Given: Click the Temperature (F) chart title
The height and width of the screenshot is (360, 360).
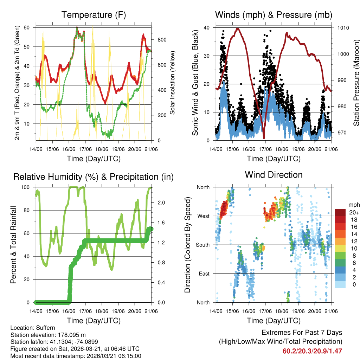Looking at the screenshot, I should coord(94,15).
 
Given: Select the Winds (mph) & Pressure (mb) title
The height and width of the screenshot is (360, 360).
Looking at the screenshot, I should coord(274,15).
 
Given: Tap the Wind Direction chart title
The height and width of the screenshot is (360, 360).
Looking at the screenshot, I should coord(274,174).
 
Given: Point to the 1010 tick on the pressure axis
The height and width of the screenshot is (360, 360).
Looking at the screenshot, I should coord(342,28).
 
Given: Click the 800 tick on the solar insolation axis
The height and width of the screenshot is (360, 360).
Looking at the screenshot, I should coord(159,40).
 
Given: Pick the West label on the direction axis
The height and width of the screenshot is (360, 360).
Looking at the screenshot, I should coord(203,216).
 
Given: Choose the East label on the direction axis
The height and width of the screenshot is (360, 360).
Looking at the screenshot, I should coord(204,274).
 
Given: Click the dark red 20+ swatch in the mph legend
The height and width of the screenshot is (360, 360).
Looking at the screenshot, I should coord(340,212).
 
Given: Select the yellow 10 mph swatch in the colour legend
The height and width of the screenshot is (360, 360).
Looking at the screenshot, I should coord(340,249).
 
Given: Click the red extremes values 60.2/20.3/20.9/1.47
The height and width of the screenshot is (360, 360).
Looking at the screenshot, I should coord(312,351).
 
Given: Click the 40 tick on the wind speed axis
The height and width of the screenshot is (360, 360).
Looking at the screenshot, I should coord(207,28).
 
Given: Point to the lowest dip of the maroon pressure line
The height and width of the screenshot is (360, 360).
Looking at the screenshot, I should coord(264,138).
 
